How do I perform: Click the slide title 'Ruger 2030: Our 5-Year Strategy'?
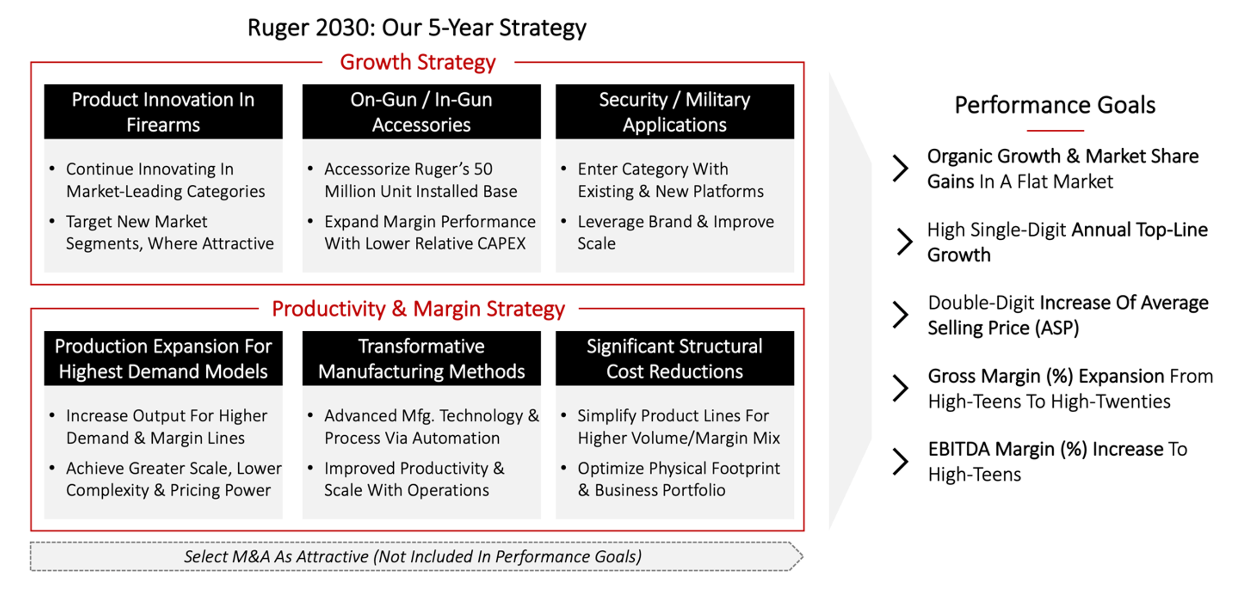(x=417, y=28)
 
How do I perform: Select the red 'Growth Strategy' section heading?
(x=418, y=62)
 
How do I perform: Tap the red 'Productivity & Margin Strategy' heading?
(x=418, y=309)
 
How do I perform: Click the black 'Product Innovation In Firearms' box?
(x=163, y=112)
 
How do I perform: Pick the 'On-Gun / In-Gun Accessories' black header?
(x=422, y=112)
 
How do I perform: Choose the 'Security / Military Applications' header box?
(x=675, y=112)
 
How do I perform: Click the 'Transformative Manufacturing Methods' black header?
(x=422, y=359)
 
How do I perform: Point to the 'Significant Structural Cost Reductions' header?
(x=675, y=359)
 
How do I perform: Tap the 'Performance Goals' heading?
(x=1055, y=105)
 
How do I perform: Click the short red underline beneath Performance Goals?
(x=1055, y=131)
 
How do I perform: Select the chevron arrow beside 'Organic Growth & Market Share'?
(x=900, y=169)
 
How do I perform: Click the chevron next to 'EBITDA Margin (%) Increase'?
(x=900, y=461)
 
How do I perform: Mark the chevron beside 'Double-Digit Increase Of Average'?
(x=900, y=315)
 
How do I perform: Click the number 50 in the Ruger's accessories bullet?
(x=483, y=169)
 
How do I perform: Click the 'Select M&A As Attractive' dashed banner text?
(x=413, y=556)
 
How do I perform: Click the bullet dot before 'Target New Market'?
(x=52, y=221)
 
